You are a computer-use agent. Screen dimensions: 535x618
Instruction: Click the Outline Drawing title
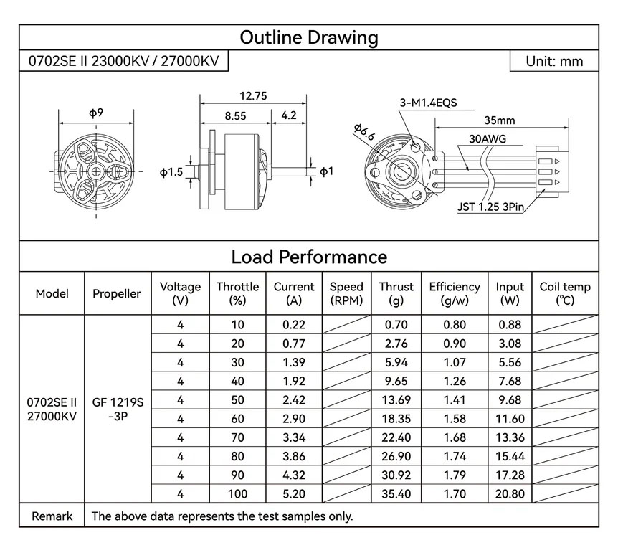click(308, 37)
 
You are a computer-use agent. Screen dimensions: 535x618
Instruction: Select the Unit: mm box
click(553, 61)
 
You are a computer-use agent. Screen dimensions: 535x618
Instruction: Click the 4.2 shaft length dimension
click(289, 115)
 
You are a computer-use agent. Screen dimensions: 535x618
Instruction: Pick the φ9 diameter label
click(96, 113)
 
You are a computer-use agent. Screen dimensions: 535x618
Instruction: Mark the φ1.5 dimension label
click(172, 172)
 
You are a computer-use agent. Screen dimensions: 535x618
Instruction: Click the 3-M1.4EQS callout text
click(428, 103)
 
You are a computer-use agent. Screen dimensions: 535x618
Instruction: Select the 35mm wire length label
click(500, 120)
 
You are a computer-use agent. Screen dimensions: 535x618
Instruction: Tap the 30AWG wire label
click(485, 138)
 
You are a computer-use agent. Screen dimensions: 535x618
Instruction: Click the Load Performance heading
click(308, 257)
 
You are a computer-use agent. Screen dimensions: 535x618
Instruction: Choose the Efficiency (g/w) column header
click(455, 293)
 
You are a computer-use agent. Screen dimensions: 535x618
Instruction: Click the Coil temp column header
click(565, 293)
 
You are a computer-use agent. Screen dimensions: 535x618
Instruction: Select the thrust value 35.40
click(396, 493)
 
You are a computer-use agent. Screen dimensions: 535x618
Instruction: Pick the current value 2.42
click(294, 400)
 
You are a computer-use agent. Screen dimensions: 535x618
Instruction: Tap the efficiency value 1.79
click(455, 475)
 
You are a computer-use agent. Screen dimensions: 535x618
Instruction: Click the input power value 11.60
click(510, 419)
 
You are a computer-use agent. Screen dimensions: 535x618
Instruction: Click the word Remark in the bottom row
click(52, 516)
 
